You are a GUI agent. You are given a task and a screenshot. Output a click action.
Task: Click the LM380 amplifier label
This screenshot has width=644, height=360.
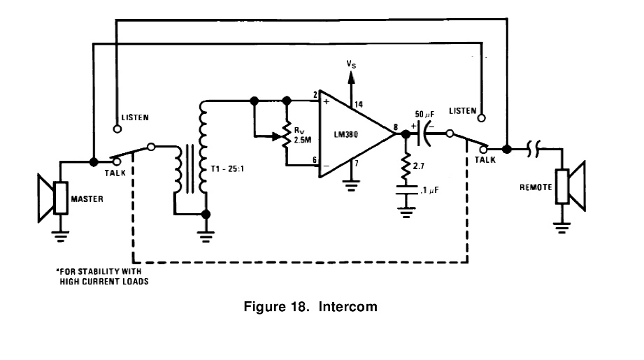click(x=346, y=134)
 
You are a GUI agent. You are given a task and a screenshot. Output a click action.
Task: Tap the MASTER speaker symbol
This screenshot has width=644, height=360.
click(x=52, y=199)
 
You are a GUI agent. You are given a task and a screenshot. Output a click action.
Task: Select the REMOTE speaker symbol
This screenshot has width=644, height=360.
click(x=571, y=186)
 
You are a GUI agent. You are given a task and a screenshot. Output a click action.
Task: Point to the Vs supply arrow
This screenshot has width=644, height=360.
click(x=351, y=88)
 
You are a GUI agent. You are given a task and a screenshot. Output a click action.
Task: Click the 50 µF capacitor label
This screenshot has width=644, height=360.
click(x=424, y=114)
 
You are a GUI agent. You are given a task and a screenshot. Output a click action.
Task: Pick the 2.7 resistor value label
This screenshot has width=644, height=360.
click(x=419, y=166)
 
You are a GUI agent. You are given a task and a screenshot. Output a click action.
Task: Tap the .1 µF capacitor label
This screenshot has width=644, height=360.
click(x=429, y=190)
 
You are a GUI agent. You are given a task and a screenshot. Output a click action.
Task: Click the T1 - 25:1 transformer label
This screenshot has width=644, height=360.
click(x=227, y=168)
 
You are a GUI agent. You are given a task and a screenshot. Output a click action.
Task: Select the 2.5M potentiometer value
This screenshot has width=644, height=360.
click(x=303, y=140)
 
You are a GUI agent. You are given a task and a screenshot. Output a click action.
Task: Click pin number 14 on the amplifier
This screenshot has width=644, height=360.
click(x=359, y=104)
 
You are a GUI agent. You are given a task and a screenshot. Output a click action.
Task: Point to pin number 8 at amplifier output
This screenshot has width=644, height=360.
click(x=396, y=127)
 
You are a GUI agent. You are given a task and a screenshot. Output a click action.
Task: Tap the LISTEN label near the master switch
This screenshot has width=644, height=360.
click(x=135, y=117)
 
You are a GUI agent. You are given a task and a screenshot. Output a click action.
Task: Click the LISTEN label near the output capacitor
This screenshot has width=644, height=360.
click(x=462, y=111)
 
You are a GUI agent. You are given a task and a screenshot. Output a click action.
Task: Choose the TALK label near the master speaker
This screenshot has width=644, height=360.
click(x=115, y=173)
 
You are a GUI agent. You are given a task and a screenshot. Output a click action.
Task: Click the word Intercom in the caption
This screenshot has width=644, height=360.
click(x=348, y=307)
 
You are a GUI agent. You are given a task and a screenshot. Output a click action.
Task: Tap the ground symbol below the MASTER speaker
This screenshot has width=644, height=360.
click(x=60, y=236)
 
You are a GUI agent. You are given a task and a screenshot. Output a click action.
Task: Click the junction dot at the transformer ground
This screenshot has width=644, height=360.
click(x=206, y=214)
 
